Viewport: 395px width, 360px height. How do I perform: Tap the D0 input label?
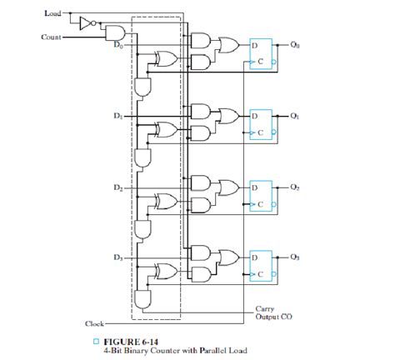(117, 45)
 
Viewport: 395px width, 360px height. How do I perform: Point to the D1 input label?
(117, 117)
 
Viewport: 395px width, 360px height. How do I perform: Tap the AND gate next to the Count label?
(113, 32)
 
